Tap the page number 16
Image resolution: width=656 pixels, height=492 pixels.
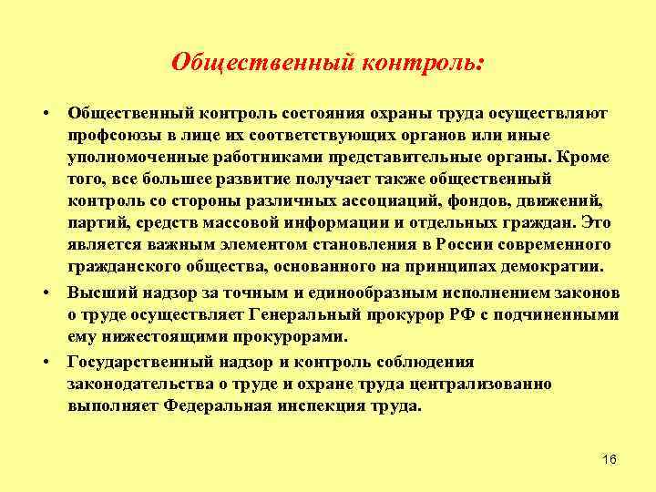610,458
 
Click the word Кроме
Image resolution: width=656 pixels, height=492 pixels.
586,157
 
